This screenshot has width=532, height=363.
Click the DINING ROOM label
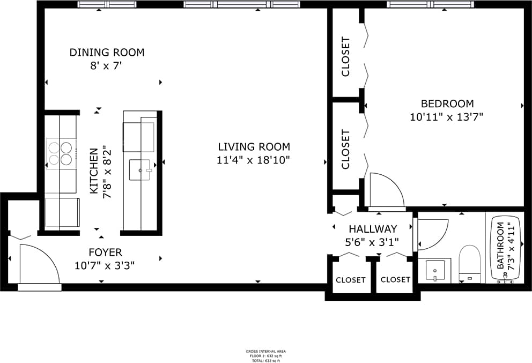pos(107,53)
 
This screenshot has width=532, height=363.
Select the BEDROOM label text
pos(447,103)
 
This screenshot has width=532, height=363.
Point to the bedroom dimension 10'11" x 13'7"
pos(447,117)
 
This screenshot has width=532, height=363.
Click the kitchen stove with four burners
pos(60,153)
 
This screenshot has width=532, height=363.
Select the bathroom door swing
pos(431,234)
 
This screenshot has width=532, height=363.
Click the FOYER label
pos(105,252)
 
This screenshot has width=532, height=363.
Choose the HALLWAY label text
pos(372,229)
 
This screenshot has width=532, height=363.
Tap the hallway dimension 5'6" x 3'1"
pos(372,242)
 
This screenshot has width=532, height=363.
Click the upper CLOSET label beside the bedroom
pos(346,56)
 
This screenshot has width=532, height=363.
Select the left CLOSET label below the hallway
pos(351,279)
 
